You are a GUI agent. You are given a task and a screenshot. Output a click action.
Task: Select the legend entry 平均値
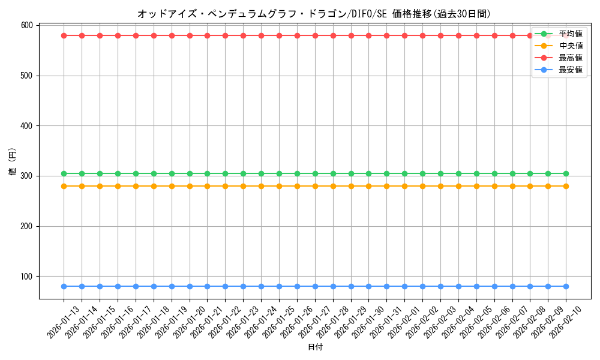570,34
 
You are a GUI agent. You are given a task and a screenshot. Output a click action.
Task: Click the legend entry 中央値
570,46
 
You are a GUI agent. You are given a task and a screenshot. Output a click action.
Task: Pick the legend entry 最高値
570,58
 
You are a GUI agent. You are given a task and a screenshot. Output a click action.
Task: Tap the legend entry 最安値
570,70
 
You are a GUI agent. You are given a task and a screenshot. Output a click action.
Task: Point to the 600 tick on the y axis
26,25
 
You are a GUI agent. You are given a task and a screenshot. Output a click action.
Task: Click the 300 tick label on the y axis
26,176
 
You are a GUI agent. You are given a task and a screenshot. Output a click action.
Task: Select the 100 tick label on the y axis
26,277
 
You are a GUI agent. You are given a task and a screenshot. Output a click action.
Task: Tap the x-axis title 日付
315,347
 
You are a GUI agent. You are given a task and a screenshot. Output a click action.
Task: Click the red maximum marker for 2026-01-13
64,35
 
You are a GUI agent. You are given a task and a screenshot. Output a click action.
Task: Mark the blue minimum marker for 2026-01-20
190,286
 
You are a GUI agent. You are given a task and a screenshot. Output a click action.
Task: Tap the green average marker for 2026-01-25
279,173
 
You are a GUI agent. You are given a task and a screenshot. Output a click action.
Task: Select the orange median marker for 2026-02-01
404,186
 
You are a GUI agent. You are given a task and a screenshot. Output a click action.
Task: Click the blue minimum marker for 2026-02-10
566,286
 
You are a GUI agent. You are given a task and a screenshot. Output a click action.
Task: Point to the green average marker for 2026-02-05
476,173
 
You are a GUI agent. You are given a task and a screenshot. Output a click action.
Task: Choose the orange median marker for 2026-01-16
118,186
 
